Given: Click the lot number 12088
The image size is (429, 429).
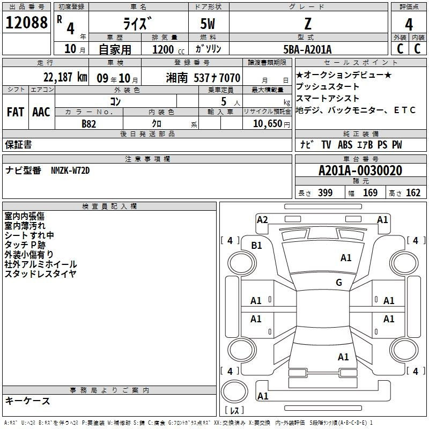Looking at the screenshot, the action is click(x=26, y=23).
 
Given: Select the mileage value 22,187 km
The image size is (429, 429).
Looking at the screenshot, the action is click(x=65, y=77).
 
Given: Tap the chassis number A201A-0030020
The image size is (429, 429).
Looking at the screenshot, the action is click(x=360, y=171).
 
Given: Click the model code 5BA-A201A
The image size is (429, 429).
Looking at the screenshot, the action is click(x=307, y=49).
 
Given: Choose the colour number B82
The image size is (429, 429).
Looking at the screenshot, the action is click(x=89, y=124).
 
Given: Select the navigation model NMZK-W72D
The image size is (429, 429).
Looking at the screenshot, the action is click(x=70, y=171).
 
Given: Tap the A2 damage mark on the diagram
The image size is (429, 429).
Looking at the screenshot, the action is click(x=262, y=220).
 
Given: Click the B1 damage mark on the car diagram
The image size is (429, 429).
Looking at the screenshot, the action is click(x=257, y=246).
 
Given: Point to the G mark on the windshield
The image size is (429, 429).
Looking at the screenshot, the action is click(x=339, y=282).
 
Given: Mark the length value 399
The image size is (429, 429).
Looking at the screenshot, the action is click(x=326, y=193).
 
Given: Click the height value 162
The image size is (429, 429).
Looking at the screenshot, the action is click(x=413, y=193).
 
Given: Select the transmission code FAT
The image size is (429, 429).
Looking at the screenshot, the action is click(x=16, y=112).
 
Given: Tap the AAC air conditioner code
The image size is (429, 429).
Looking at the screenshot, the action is click(x=41, y=112).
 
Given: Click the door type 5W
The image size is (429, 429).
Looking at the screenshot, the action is click(x=208, y=24).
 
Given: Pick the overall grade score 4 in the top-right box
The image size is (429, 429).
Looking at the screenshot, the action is click(x=409, y=25).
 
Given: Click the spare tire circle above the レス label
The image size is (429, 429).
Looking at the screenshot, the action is click(x=234, y=391).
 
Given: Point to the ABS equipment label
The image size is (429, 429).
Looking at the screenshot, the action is click(x=345, y=145).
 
